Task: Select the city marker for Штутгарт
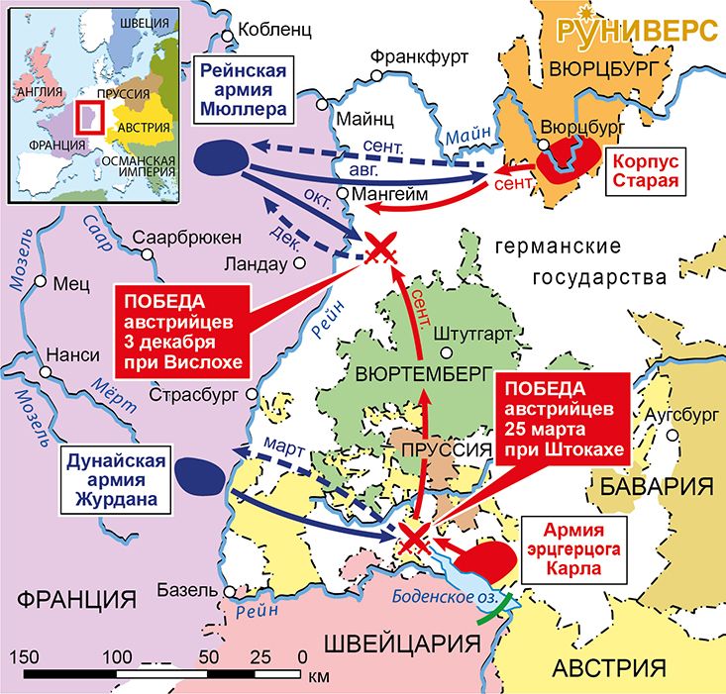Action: point(446,352)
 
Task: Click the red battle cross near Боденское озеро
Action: point(413,539)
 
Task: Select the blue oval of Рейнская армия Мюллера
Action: point(220,156)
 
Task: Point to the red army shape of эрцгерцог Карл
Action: point(485,559)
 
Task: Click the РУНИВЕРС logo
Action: point(636,30)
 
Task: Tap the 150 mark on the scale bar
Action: point(24,656)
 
